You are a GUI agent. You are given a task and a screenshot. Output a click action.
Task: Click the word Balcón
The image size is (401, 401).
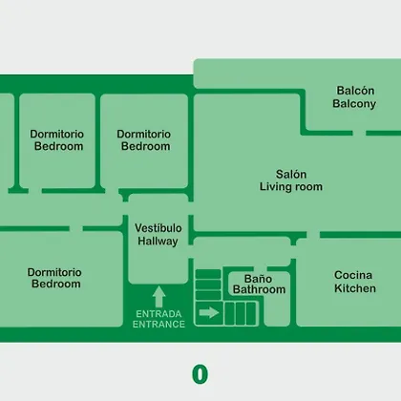tap(355, 91)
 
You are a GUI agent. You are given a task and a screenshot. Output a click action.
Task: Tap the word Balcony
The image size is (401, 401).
tap(354, 104)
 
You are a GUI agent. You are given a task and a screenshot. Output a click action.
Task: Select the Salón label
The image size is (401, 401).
tap(291, 174)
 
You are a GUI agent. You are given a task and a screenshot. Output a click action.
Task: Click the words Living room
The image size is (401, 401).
tap(291, 186)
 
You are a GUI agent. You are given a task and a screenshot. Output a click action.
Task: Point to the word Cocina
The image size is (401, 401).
tap(353, 275)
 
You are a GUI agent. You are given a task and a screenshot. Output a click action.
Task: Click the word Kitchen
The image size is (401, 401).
tap(355, 288)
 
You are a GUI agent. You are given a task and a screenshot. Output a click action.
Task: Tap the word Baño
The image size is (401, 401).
tap(258, 279)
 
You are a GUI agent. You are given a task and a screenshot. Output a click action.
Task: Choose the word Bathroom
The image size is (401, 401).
tap(259, 289)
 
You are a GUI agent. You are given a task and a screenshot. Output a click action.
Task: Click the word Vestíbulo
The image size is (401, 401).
tap(158, 228)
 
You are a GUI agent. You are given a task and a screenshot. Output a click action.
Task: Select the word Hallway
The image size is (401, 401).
tap(158, 241)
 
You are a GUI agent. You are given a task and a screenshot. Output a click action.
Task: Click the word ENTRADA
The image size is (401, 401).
tap(158, 314)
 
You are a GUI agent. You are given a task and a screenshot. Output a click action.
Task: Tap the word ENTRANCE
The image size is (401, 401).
tap(158, 325)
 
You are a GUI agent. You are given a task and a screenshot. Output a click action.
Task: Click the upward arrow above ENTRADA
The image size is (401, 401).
tap(158, 297)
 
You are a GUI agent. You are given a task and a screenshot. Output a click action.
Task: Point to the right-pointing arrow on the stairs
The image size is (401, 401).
tap(209, 313)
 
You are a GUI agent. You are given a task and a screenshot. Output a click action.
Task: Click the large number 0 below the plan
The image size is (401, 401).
tap(200, 374)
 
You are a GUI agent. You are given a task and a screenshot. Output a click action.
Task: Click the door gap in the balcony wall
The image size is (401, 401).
tap(359, 133)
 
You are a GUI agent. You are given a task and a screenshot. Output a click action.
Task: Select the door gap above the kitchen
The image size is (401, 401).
tap(313, 235)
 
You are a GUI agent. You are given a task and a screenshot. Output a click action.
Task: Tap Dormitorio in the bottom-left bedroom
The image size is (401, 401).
tap(54, 272)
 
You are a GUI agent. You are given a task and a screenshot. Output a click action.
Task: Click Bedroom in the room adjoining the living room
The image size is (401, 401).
tap(145, 146)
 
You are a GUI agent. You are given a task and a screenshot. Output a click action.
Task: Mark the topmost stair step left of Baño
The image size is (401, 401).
tap(208, 274)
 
